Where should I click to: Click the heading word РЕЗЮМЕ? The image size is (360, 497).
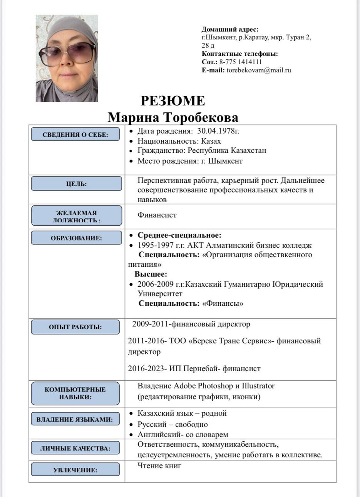(172, 101)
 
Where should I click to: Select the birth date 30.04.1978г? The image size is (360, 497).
(218, 131)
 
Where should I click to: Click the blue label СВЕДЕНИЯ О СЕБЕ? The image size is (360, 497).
(75, 134)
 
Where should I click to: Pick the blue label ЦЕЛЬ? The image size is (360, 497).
(76, 184)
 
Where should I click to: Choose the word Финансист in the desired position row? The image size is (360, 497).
(157, 215)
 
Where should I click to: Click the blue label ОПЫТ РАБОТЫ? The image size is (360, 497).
(75, 327)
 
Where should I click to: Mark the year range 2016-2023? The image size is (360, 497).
(147, 368)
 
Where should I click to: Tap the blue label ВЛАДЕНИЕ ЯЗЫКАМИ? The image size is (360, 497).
(75, 419)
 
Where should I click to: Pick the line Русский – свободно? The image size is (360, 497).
(172, 424)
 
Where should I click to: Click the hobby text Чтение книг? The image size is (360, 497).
(159, 466)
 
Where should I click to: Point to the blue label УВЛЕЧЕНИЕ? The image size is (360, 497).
(75, 470)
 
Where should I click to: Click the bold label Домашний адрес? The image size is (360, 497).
(230, 29)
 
